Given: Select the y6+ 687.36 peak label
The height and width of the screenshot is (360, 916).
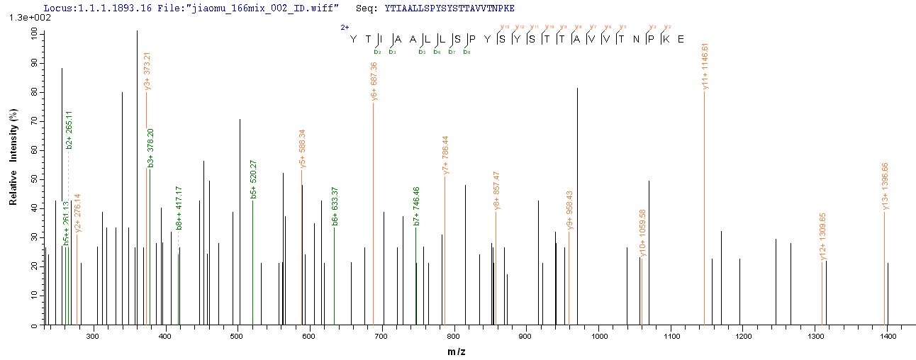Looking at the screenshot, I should pyautogui.click(x=373, y=81).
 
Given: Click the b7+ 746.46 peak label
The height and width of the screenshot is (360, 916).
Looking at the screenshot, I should pyautogui.click(x=416, y=206).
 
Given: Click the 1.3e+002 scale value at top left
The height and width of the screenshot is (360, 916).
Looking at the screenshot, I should pyautogui.click(x=23, y=18).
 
